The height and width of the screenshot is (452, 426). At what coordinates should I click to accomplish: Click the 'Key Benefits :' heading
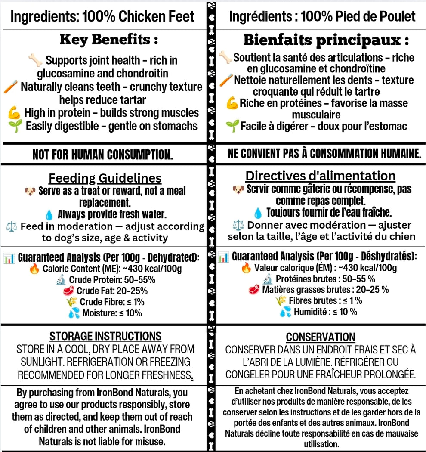(x=108, y=40)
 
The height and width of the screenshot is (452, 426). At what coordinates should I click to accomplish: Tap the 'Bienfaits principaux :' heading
(x=326, y=40)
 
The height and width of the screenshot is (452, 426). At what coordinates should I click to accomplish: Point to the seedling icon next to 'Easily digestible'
(x=15, y=126)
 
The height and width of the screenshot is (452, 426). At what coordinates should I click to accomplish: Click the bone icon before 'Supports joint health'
(x=35, y=61)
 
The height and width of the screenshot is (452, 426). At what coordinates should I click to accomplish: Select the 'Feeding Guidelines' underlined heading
(x=105, y=178)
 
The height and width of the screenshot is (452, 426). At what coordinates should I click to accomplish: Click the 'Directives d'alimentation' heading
(x=320, y=176)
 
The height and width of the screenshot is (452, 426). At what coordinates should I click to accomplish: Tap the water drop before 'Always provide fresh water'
(x=49, y=214)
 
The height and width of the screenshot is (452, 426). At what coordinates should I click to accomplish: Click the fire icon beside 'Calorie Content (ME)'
(x=34, y=269)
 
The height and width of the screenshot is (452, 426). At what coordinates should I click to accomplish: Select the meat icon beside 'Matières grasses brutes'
(x=254, y=290)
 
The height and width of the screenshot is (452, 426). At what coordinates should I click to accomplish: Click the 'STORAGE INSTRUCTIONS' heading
(x=105, y=336)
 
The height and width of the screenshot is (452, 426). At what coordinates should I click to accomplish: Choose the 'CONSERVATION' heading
(x=321, y=337)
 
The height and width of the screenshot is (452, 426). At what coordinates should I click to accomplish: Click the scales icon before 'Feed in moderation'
(x=12, y=226)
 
